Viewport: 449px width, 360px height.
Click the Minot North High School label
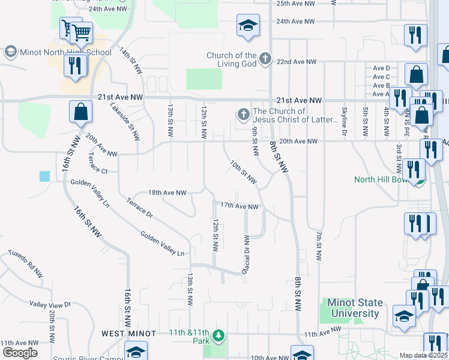point(66,52)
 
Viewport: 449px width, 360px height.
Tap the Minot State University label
point(353,308)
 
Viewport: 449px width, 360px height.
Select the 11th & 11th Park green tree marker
point(220,335)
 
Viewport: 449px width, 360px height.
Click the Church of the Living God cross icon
point(265,59)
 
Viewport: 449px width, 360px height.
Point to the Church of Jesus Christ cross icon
point(243,115)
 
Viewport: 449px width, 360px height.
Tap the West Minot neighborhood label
point(128,333)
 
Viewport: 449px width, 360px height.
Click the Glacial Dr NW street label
point(246,255)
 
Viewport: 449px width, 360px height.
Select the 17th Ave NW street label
point(239,206)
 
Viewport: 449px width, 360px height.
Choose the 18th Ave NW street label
point(167,193)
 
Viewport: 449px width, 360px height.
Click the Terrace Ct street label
point(97,171)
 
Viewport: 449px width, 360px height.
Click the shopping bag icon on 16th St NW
point(80,112)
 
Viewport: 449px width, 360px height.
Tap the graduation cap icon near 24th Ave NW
point(247,26)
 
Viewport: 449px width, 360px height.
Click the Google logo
point(20,353)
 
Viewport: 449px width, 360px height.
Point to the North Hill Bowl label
point(382,179)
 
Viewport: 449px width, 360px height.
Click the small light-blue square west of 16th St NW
point(45,176)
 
